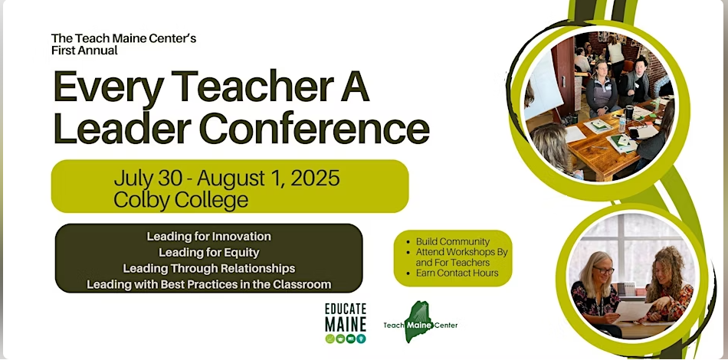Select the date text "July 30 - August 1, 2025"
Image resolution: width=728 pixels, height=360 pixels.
[x=227, y=178]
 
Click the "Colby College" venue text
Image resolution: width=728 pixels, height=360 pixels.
[x=181, y=200]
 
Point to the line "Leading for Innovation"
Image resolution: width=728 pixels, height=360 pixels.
[x=209, y=237]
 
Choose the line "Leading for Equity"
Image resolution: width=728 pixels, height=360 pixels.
[x=209, y=253]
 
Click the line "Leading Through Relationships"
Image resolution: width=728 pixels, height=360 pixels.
[x=209, y=269]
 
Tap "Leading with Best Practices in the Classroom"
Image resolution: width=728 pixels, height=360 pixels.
[x=209, y=284]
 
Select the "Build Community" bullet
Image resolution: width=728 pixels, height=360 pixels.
[x=453, y=242]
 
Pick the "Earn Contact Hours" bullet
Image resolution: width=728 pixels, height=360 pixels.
[x=457, y=273]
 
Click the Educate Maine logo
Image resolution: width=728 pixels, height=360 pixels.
[x=346, y=323]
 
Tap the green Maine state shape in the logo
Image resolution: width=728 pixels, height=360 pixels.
[x=418, y=322]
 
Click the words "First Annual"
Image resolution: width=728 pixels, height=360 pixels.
[x=84, y=50]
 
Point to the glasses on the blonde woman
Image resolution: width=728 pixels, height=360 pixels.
[x=603, y=270]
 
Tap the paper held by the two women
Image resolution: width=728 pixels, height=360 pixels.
[x=633, y=311]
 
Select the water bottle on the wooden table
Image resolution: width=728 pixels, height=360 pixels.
[x=621, y=123]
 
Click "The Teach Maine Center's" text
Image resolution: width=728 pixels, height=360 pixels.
[x=124, y=38]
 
